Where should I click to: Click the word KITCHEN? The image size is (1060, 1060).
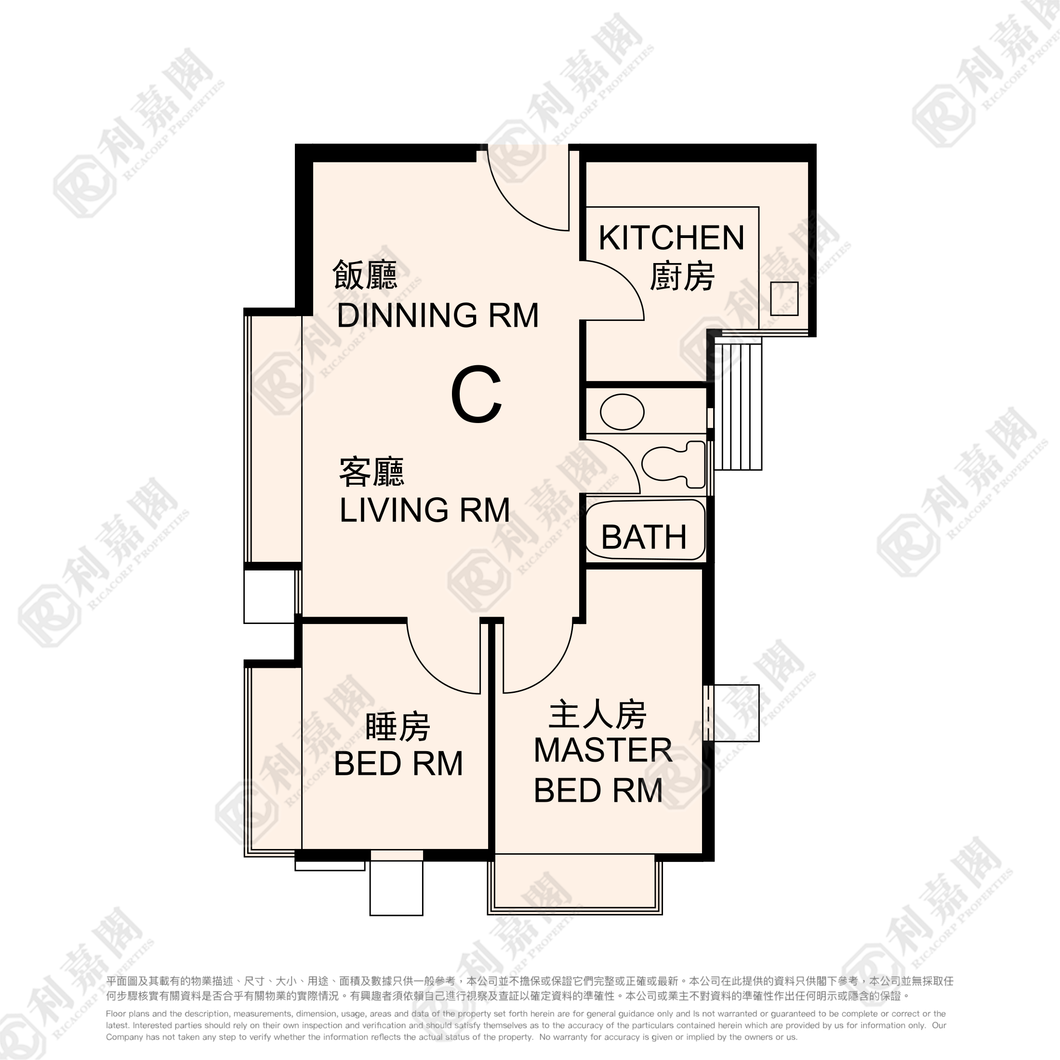coord(671,238)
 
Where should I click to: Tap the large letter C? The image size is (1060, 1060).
coord(476,395)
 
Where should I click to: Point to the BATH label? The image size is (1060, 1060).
coord(644,537)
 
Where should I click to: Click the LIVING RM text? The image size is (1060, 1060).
coord(424,510)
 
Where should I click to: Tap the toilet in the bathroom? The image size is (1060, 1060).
coord(674,464)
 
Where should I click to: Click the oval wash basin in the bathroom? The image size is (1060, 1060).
coord(622,412)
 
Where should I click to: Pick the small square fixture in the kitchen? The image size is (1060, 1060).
coord(784,298)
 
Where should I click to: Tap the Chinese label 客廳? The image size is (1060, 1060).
coord(372,472)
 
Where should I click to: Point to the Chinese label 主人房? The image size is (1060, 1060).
coord(597,715)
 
